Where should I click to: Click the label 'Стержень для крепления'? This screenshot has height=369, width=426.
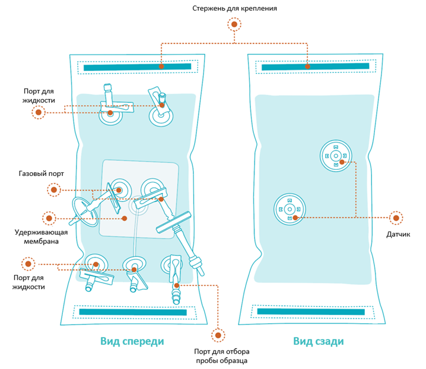[235, 9]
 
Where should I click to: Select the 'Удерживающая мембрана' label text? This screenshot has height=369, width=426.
[41, 236]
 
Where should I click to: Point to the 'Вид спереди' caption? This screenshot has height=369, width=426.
[132, 342]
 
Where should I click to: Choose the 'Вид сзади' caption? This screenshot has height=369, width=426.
[319, 342]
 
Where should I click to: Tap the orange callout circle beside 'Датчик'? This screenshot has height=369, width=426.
[396, 217]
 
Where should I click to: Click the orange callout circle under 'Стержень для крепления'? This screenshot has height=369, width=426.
[235, 25]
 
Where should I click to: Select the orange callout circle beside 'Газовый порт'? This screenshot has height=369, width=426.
[54, 190]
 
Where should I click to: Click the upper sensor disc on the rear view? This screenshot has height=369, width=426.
[336, 156]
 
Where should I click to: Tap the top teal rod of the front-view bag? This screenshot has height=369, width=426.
[138, 68]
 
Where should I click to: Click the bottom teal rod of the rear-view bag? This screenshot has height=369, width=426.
[311, 311]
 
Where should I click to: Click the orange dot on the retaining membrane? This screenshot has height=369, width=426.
[125, 218]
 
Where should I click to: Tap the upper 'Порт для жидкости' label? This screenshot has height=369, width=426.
[40, 96]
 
